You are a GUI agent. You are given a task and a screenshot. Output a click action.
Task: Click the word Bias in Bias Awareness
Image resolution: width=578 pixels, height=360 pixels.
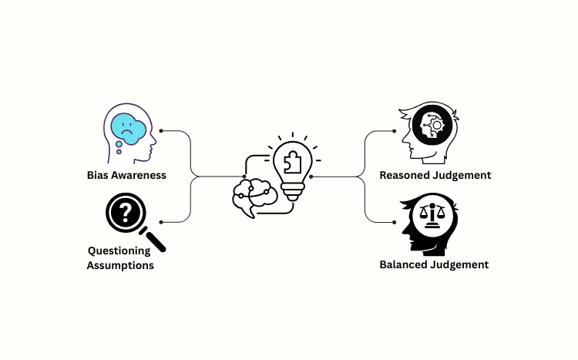point(98,175)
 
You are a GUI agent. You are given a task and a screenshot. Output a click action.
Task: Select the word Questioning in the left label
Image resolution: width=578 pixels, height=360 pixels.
point(119,251)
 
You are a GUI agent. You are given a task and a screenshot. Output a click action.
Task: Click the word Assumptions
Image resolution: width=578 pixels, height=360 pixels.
point(121,265)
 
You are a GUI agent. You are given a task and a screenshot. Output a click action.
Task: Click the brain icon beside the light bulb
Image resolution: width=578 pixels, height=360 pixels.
point(253,197)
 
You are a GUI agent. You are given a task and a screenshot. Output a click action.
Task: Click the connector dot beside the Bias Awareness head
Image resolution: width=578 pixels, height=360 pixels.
point(160,131)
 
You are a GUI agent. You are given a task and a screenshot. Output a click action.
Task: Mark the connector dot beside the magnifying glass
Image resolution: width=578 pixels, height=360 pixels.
point(160,222)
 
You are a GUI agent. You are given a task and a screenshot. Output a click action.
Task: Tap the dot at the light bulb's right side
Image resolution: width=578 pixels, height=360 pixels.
point(311,177)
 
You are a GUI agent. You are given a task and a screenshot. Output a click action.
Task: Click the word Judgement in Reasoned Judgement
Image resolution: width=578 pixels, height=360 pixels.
point(462,175)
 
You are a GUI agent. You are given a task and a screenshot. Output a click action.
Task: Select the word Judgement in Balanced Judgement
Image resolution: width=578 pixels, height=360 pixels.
point(460,264)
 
